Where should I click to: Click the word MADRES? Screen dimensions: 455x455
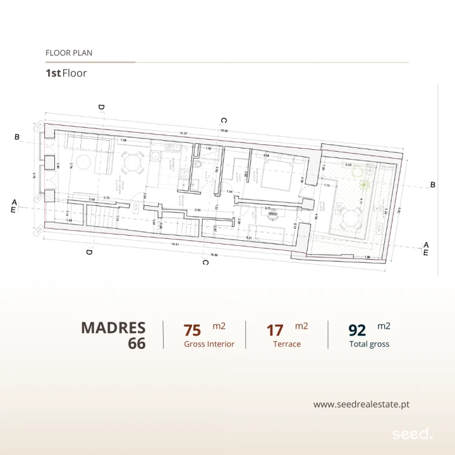[x=113, y=329]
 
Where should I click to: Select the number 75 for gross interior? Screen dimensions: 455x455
[x=192, y=331]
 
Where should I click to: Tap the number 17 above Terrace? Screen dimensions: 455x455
[x=275, y=331]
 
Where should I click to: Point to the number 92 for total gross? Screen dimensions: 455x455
[x=358, y=331]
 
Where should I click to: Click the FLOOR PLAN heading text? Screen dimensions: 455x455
[x=69, y=53]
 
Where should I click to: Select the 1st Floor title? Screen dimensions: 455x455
[x=66, y=73]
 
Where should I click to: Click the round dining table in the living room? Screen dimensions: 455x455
[x=133, y=164]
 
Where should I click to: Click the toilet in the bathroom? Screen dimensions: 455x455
[x=198, y=165]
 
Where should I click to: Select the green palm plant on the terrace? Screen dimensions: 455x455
[x=365, y=185]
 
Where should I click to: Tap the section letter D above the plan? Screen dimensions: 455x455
[x=101, y=107]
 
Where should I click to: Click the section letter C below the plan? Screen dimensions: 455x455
[x=205, y=262]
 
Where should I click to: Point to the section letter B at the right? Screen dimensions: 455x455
[x=433, y=185]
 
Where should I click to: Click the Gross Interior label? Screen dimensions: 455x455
[x=209, y=344]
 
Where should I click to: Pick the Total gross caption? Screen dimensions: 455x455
[x=369, y=344]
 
